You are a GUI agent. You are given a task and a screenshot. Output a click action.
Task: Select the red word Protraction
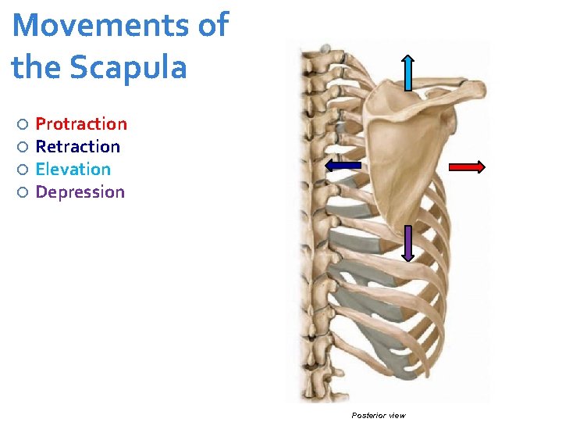pyautogui.click(x=81, y=124)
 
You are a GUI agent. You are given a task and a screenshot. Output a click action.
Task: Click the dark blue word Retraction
pyautogui.click(x=78, y=147)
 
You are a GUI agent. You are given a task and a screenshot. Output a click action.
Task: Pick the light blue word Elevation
pyautogui.click(x=73, y=170)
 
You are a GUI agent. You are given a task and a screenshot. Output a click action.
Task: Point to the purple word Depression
pyautogui.click(x=80, y=192)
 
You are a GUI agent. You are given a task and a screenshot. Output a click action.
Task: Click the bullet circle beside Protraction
pyautogui.click(x=23, y=124)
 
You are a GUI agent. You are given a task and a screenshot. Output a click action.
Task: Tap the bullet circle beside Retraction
pyautogui.click(x=23, y=147)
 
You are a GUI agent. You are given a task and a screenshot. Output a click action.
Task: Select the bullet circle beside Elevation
pyautogui.click(x=23, y=170)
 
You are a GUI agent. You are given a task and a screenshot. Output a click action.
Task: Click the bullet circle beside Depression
pyautogui.click(x=23, y=192)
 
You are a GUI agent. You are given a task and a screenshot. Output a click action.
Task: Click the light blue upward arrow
pyautogui.click(x=407, y=73)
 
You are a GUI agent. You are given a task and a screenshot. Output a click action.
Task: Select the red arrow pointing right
pyautogui.click(x=468, y=166)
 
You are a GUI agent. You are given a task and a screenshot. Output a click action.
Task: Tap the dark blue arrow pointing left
pyautogui.click(x=343, y=165)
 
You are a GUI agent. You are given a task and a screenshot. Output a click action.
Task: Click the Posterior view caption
pyautogui.click(x=379, y=415)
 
